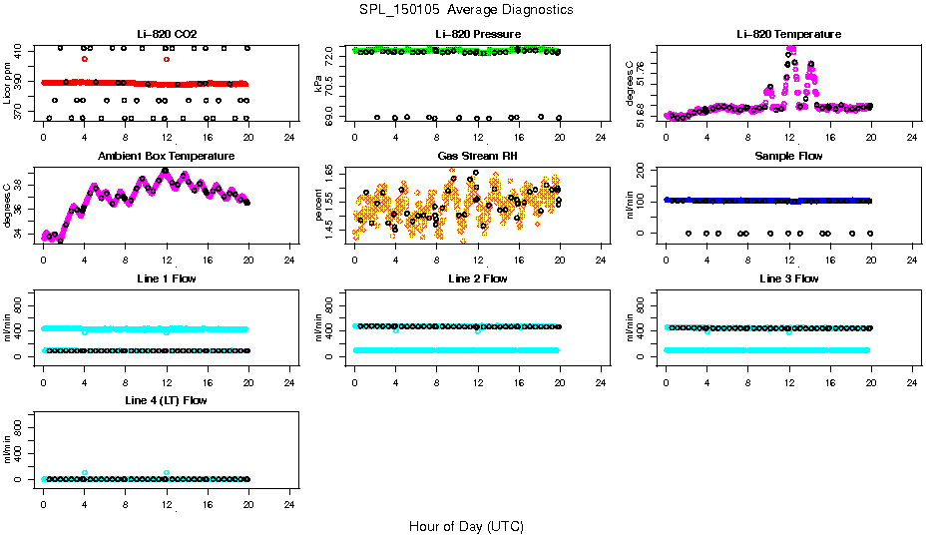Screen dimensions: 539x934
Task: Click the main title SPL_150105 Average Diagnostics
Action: point(466,9)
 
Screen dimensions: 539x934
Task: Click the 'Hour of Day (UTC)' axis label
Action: point(466,526)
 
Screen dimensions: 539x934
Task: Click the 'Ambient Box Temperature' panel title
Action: point(166,156)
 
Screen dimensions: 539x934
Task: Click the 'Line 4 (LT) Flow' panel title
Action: point(166,400)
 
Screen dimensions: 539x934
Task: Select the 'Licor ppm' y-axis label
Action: point(8,84)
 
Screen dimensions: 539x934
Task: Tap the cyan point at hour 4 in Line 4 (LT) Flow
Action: point(85,472)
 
